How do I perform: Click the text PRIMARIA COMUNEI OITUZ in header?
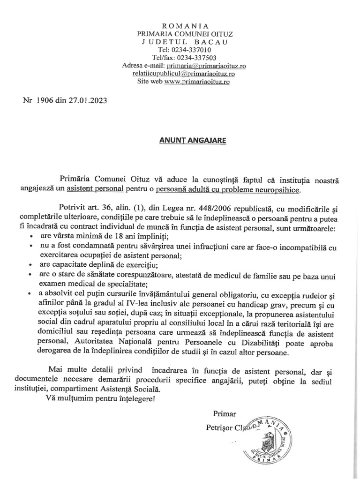(184, 34)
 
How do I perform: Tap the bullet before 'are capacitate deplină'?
(31, 265)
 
